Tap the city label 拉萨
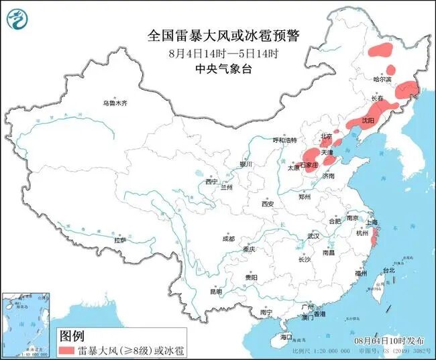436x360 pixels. tap(120, 239)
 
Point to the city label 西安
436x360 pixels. tap(268, 204)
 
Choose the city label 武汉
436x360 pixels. tap(313, 236)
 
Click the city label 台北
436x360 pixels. tap(389, 270)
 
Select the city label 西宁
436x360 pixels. tap(211, 182)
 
